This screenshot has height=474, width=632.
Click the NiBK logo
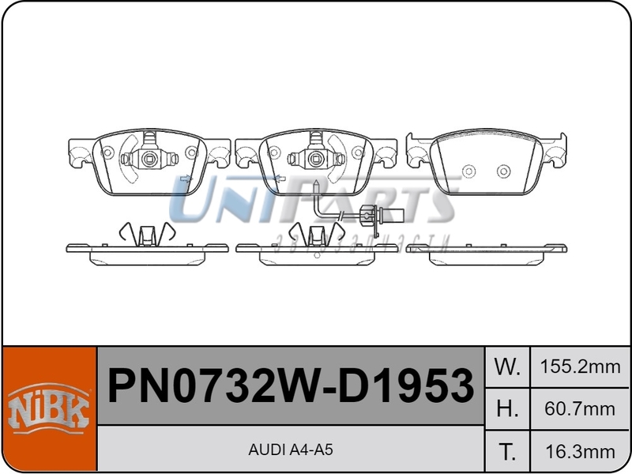click(x=49, y=410)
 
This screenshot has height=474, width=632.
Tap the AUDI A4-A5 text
click(x=290, y=450)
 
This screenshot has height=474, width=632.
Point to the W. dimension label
click(x=506, y=367)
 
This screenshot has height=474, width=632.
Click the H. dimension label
click(x=506, y=408)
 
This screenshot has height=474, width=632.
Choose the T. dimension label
click(x=506, y=451)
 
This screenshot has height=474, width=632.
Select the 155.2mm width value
click(x=579, y=367)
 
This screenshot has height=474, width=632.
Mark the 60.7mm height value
click(x=579, y=408)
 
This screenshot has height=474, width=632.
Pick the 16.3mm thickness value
click(x=579, y=451)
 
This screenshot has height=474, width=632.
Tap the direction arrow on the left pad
click(x=186, y=180)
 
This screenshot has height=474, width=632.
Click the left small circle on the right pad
click(x=468, y=171)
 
